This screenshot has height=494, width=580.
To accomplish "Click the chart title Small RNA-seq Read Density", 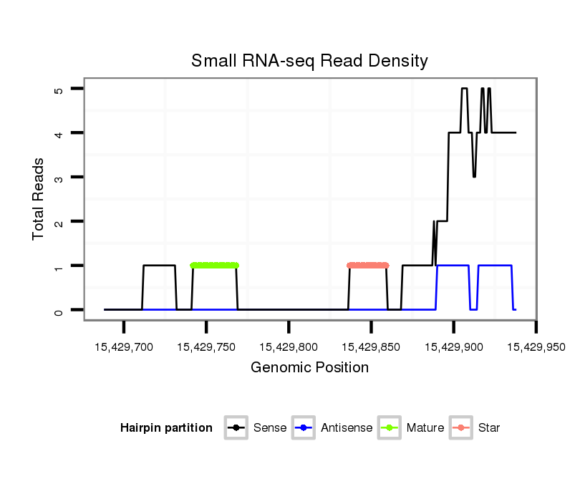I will click(x=309, y=61).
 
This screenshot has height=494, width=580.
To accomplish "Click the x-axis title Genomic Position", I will click(x=309, y=368).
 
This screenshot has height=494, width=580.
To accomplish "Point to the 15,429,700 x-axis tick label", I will click(x=124, y=347).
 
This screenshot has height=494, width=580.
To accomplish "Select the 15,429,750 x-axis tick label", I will click(x=206, y=347).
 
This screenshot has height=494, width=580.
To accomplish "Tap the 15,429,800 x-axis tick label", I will click(x=289, y=347).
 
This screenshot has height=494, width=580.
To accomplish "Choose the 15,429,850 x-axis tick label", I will click(x=371, y=347).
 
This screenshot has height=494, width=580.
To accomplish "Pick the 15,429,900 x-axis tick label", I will click(x=453, y=347).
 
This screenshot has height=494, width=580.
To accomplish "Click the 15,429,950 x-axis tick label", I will click(x=536, y=347).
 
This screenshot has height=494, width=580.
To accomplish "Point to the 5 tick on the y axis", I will click(x=59, y=89).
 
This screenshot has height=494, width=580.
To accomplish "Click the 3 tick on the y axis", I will click(x=59, y=178).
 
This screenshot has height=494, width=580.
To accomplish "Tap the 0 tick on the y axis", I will click(x=59, y=310).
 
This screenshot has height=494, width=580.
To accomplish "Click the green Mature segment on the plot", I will click(x=214, y=266).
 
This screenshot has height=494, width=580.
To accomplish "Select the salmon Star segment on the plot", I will click(x=367, y=266).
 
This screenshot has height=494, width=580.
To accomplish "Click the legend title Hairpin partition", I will click(x=166, y=428).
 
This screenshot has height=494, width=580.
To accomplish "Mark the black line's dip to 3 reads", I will click(x=474, y=175).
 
